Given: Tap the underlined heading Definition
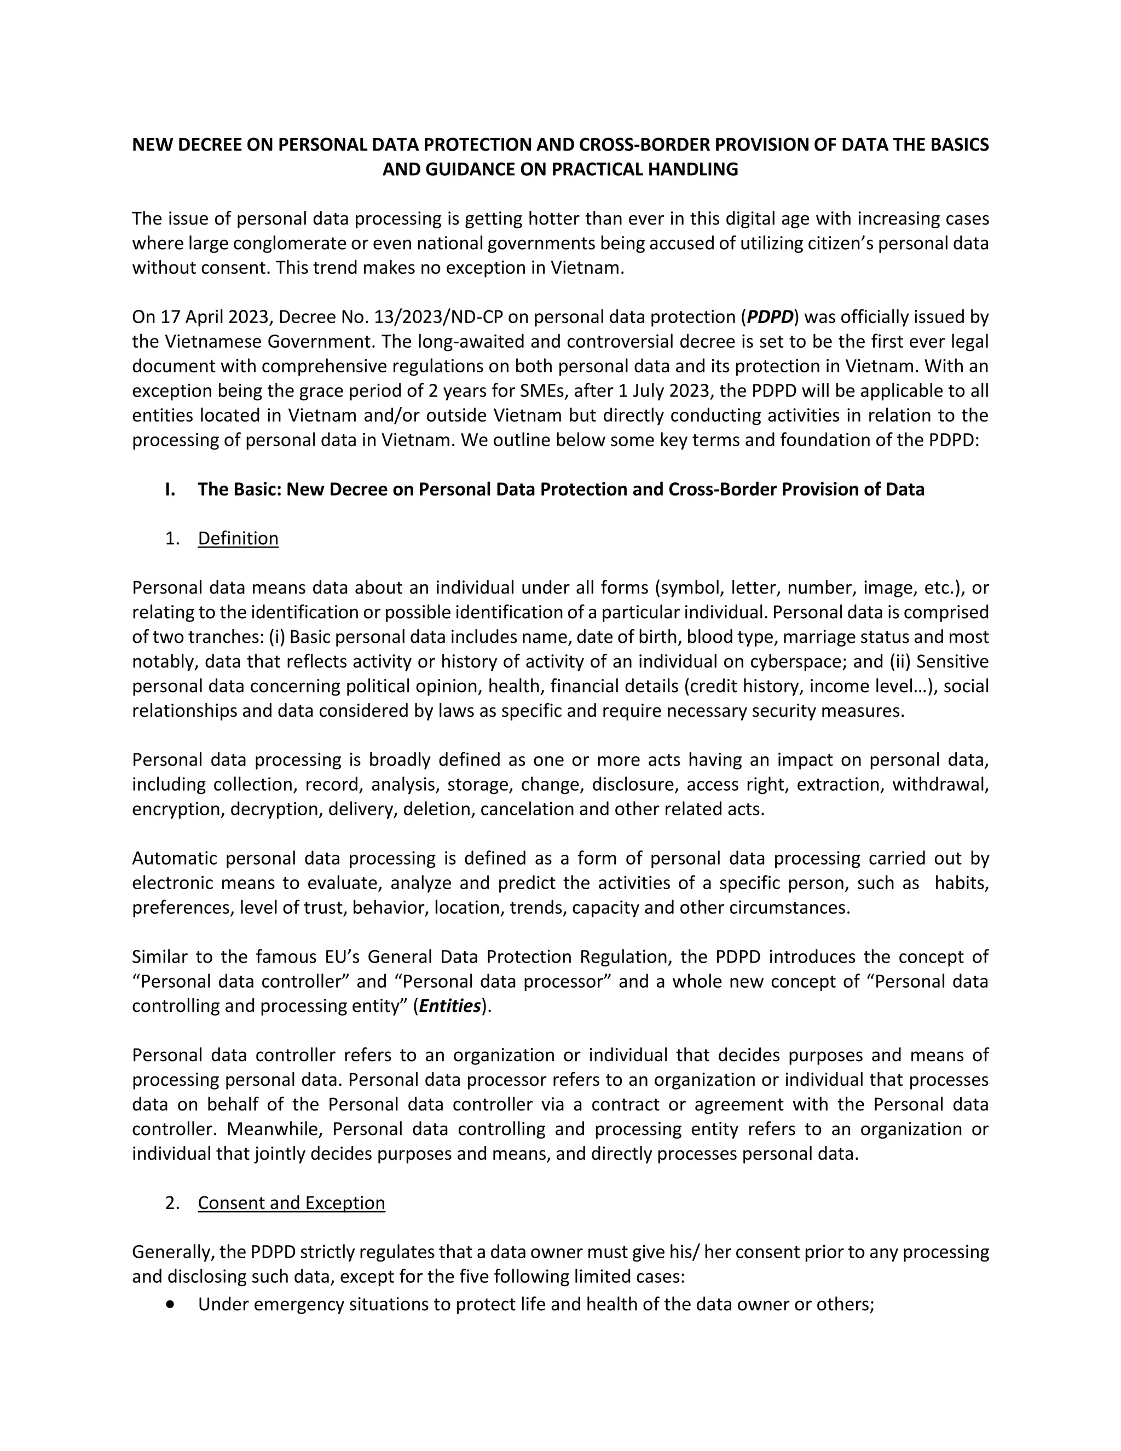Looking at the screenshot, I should tap(238, 538).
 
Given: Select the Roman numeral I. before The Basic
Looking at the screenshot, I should tap(171, 489).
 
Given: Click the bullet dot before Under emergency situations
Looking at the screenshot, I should tap(172, 1304).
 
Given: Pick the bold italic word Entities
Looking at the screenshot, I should tap(449, 1006).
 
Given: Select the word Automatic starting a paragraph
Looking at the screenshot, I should tap(174, 859).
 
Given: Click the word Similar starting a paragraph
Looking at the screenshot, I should tap(160, 957).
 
